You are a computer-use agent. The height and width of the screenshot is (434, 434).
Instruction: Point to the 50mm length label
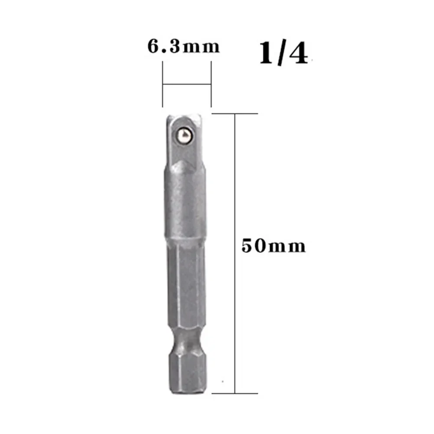point(274,246)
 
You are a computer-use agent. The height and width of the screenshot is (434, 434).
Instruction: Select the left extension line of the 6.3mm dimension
point(163,83)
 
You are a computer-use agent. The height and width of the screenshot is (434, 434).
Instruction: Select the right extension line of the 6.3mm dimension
point(211,83)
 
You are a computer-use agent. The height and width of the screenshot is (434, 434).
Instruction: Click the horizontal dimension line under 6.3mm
point(187,84)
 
